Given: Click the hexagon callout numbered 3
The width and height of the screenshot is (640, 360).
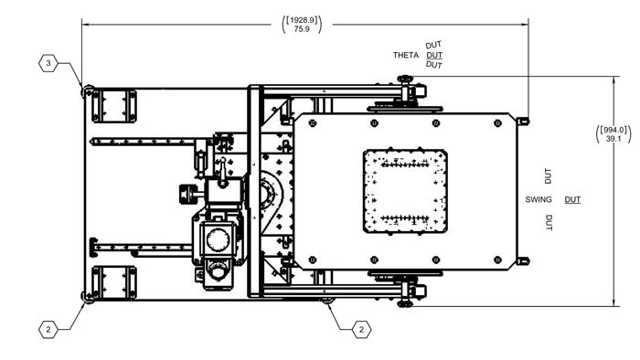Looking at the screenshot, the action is pos(48,63).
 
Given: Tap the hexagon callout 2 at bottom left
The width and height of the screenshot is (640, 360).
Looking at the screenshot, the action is pos(48,330).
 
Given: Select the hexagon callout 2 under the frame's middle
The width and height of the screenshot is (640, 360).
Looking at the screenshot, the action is pos(361,330).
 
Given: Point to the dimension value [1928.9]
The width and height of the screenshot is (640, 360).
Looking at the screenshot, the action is pos(302,19).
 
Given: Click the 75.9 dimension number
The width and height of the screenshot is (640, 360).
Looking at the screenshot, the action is pos(302,29).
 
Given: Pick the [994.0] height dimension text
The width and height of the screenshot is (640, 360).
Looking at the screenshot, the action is pos(613,130).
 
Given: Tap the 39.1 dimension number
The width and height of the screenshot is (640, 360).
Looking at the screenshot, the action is pos(613,139).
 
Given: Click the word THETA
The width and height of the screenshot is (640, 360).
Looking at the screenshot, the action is pos(406,55).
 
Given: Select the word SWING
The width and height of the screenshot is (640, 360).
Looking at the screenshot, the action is pos(539,199).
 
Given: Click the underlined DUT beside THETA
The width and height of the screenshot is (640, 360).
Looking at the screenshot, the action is pos(434,55).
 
